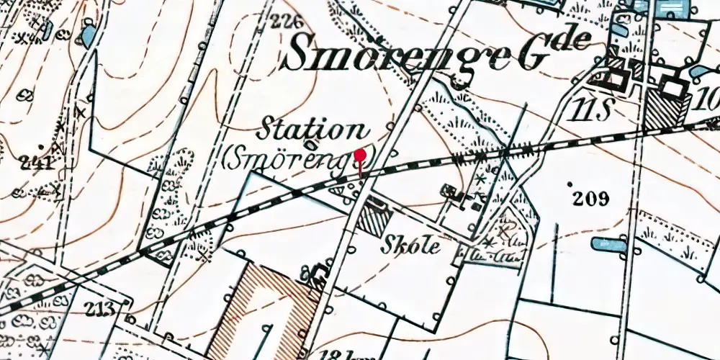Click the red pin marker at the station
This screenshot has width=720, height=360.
tap(361, 154)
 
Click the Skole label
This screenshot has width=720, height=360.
tap(412, 243)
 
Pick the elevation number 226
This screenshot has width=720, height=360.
tap(285, 22)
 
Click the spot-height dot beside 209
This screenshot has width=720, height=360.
tap(571, 186)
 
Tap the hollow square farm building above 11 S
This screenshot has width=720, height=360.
tap(616, 78)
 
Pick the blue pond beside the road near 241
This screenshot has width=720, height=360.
tap(89, 34)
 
